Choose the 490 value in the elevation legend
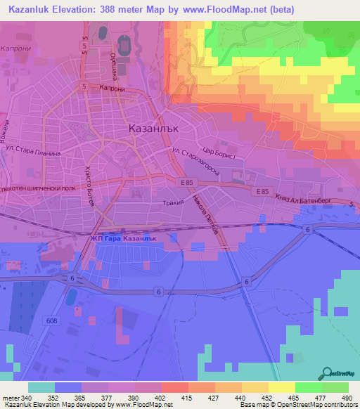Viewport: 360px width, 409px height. tap(345, 397)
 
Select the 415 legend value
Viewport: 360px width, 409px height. tap(187, 397)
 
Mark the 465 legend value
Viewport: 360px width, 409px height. tap(292, 397)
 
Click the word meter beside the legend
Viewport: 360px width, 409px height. tap(10, 397)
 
